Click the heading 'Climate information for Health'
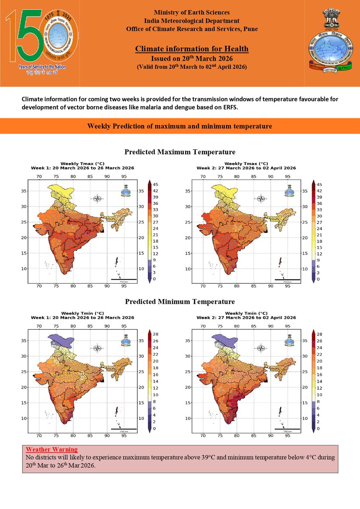point(192,49)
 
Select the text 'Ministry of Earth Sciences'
point(192,13)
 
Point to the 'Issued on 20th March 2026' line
point(192,59)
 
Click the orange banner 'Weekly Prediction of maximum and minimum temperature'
point(180,126)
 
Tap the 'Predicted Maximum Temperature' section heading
point(180,152)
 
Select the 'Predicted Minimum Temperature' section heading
point(180,302)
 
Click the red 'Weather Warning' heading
point(52,449)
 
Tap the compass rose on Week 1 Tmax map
point(98,199)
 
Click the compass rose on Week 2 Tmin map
point(262,348)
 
